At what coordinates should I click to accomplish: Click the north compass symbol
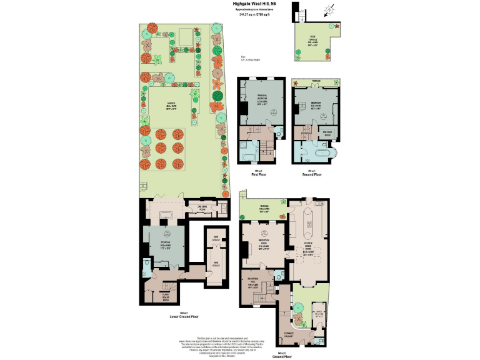(329, 9)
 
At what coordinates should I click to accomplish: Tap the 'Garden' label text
(170, 106)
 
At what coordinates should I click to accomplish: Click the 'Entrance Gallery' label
(288, 335)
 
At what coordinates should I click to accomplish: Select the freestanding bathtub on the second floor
(324, 153)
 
